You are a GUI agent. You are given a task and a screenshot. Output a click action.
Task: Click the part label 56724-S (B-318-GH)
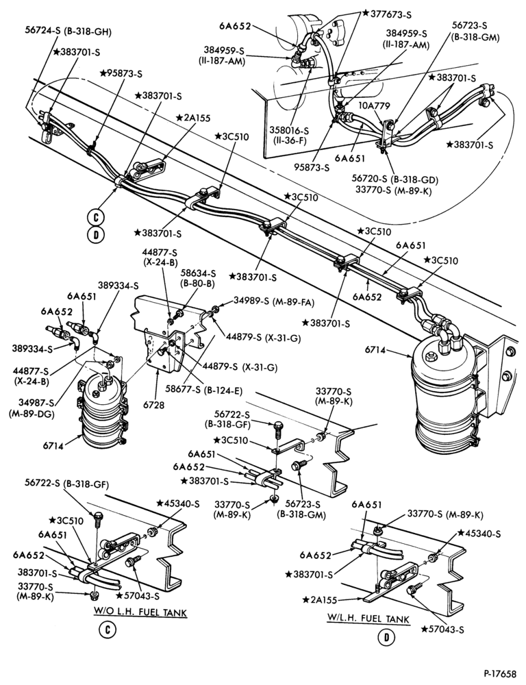tap(68, 32)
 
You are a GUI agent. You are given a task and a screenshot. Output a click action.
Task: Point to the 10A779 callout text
tap(369, 105)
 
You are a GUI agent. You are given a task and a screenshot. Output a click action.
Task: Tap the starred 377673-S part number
tap(387, 14)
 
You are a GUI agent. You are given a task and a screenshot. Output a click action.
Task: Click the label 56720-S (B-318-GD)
tap(395, 179)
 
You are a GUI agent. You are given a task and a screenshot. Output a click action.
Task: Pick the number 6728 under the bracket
tap(156, 406)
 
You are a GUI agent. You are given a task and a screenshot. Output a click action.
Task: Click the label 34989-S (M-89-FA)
tap(274, 301)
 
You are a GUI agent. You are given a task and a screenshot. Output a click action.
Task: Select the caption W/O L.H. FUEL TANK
tap(140, 612)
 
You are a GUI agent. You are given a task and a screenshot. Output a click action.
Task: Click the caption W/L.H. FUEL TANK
tap(368, 619)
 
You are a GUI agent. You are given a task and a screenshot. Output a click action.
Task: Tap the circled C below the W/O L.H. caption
tap(107, 630)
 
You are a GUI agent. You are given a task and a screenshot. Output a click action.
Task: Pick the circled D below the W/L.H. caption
tap(387, 637)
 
